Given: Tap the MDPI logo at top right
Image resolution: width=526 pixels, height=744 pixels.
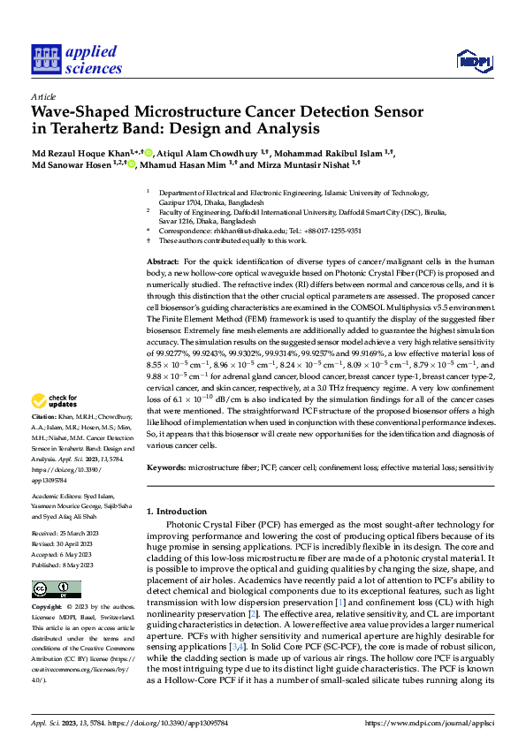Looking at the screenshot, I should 474,60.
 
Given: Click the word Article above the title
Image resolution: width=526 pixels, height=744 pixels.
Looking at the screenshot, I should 42,96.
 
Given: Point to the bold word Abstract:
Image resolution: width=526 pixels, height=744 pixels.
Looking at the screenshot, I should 162,262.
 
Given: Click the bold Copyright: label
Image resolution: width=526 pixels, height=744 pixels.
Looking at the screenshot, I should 46,607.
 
